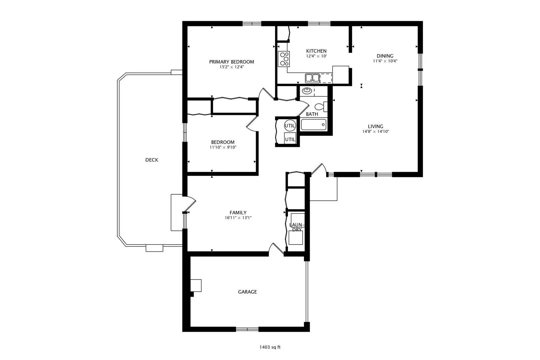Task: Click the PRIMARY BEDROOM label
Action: click(x=231, y=62)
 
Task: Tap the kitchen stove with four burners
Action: click(x=283, y=59)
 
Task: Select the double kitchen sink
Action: click(x=312, y=78)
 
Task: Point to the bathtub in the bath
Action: click(x=314, y=125)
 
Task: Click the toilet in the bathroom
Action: click(x=321, y=106)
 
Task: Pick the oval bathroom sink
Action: click(x=307, y=91)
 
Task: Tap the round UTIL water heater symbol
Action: click(x=290, y=126)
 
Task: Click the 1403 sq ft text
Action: click(x=270, y=347)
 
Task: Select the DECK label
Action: click(x=152, y=160)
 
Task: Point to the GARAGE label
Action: click(x=247, y=292)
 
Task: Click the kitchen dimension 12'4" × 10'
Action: click(x=316, y=56)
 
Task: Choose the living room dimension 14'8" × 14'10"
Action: click(x=376, y=131)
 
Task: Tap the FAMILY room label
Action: click(x=238, y=213)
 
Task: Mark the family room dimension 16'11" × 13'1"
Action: click(x=238, y=218)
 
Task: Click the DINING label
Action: click(x=385, y=56)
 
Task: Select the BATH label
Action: click(x=312, y=114)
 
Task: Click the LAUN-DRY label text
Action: click(x=297, y=227)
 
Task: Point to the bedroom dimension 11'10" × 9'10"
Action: click(x=223, y=147)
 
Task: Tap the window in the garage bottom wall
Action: click(x=247, y=329)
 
